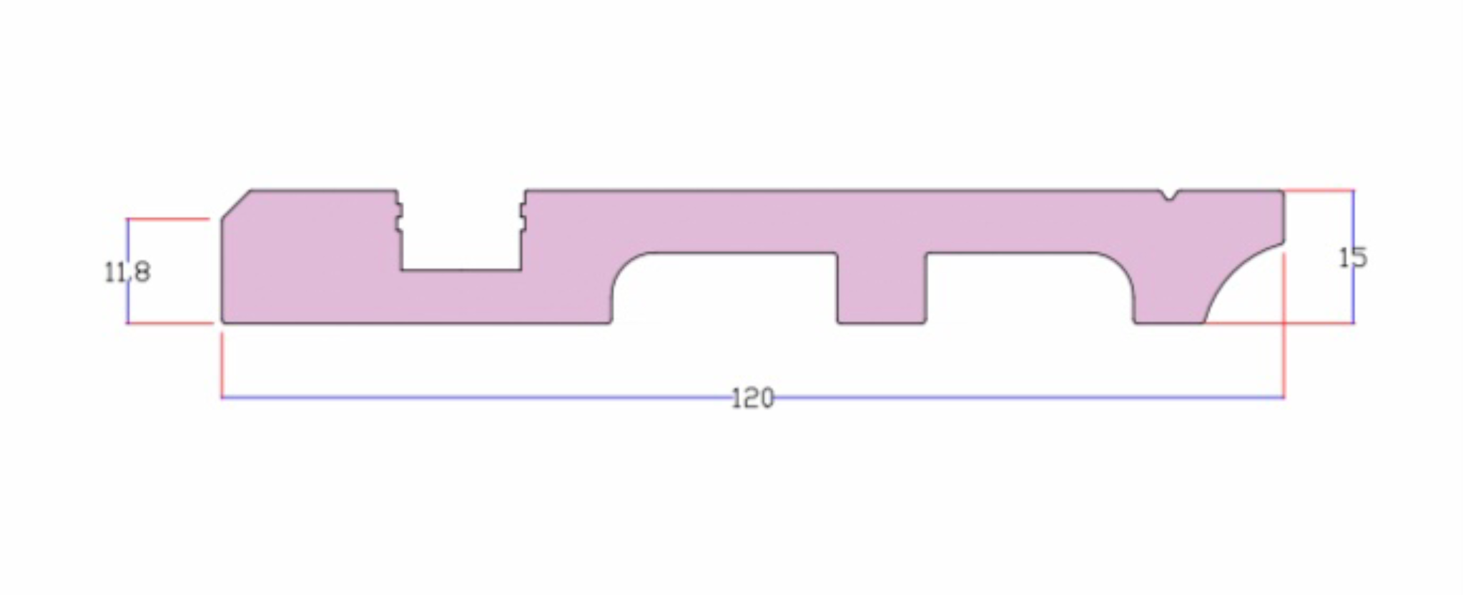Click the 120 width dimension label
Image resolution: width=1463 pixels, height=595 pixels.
pyautogui.click(x=753, y=398)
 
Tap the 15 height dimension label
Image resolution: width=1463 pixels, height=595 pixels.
pyautogui.click(x=1352, y=257)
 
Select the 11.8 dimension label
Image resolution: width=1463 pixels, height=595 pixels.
pyautogui.click(x=127, y=272)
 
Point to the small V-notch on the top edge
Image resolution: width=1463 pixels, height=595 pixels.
pyautogui.click(x=1168, y=195)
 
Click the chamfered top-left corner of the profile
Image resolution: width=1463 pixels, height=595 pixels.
pyautogui.click(x=236, y=204)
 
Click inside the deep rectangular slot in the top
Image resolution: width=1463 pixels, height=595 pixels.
pyautogui.click(x=460, y=232)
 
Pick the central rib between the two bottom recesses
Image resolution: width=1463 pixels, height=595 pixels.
pyautogui.click(x=882, y=287)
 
